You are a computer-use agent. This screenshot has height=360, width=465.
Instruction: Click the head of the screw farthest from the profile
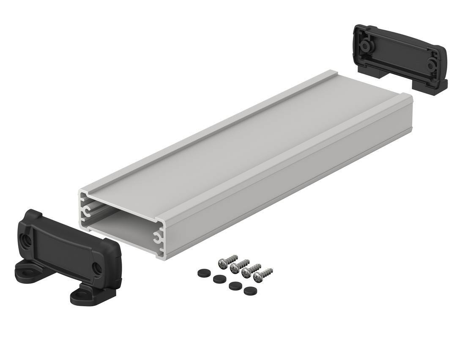[x=258, y=278]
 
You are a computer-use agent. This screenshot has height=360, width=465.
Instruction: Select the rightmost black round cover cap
[x=249, y=291]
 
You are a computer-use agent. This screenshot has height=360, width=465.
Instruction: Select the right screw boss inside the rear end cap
[x=432, y=66]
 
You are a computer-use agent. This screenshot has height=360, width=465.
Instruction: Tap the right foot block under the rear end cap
[x=435, y=85]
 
